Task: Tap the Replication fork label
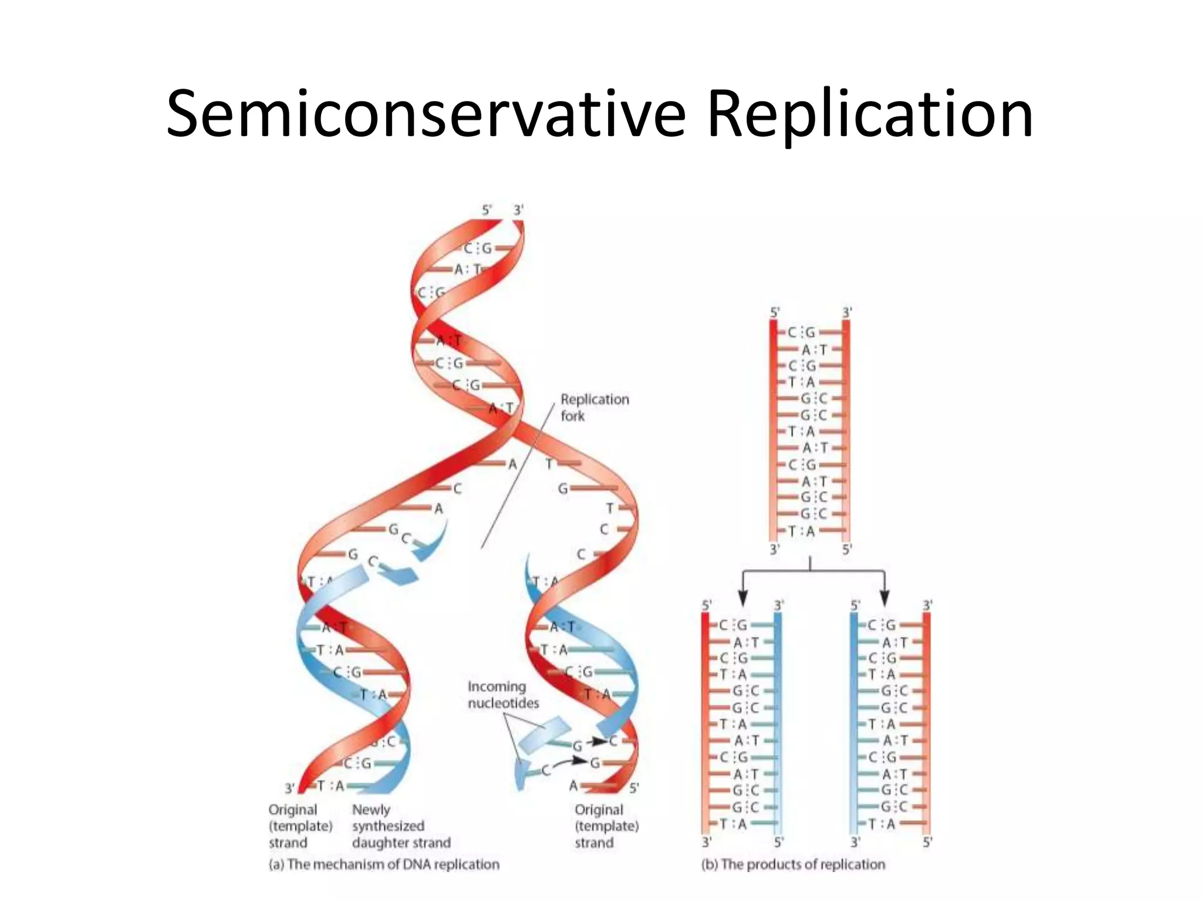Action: click(x=594, y=407)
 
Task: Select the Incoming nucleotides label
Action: click(x=503, y=694)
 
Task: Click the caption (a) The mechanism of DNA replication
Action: click(x=384, y=864)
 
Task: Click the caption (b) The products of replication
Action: click(x=793, y=864)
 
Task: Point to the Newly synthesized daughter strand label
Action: click(x=401, y=826)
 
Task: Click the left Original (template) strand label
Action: click(x=300, y=826)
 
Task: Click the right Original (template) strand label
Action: click(x=606, y=826)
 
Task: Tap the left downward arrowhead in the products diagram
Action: click(x=743, y=598)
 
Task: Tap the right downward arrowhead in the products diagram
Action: click(x=884, y=598)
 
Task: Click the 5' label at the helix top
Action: click(x=487, y=210)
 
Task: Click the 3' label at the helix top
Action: click(x=518, y=210)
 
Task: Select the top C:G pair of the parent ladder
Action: click(x=801, y=332)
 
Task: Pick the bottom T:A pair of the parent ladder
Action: click(x=801, y=531)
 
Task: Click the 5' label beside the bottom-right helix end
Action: click(x=634, y=787)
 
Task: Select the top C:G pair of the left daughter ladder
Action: click(x=733, y=625)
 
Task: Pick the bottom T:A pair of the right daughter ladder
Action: click(x=882, y=823)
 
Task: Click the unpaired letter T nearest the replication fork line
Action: click(x=549, y=464)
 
